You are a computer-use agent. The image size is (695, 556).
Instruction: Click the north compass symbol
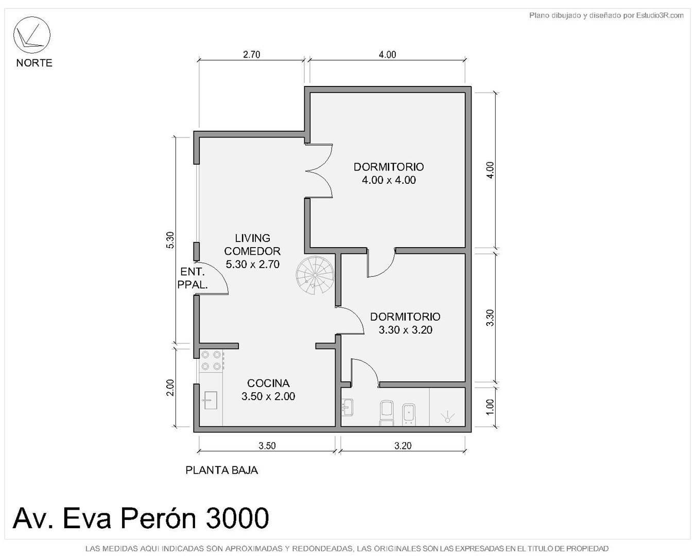click(31, 35)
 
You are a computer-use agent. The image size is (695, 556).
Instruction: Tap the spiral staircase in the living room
click(315, 275)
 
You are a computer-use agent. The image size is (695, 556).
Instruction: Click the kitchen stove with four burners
click(212, 360)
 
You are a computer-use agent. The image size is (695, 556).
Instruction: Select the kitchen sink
click(210, 401)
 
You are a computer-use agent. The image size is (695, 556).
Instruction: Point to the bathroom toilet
click(387, 413)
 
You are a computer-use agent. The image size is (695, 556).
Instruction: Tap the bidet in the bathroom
click(409, 414)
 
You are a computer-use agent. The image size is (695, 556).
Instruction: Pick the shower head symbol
click(447, 416)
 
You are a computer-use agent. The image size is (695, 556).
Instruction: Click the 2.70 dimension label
click(252, 55)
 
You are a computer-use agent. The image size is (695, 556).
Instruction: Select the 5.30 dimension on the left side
click(170, 240)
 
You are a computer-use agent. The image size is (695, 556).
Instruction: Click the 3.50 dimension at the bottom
click(267, 446)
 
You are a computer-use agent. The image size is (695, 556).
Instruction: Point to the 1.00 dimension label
click(490, 407)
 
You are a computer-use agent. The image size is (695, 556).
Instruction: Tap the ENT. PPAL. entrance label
click(193, 278)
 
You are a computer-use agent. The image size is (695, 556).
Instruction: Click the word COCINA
click(268, 383)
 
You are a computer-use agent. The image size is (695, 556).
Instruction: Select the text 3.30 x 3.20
click(405, 330)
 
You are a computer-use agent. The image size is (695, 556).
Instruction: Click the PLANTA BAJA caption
click(222, 470)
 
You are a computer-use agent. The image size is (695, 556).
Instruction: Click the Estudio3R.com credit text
click(660, 15)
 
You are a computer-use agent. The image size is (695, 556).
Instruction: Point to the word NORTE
click(34, 63)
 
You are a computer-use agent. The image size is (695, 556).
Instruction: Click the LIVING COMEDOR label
click(253, 245)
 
